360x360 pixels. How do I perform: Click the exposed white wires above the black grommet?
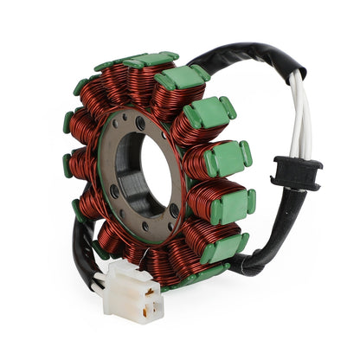coord(299,121)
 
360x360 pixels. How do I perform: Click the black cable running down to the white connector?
coord(82,251)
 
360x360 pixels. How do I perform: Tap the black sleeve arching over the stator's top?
coord(242,56)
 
